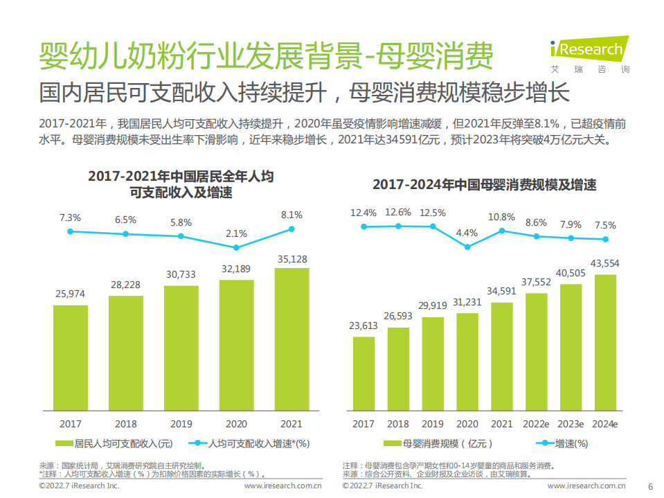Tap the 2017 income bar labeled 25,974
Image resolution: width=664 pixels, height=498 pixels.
[71, 357]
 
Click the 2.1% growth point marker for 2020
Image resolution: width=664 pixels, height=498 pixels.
[236, 247]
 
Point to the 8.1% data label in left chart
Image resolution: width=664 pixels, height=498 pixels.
[291, 215]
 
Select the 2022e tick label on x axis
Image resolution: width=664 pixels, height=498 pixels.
[536, 424]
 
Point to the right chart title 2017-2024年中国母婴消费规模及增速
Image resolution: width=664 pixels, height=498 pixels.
[484, 185]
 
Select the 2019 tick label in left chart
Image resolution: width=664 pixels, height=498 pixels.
[181, 424]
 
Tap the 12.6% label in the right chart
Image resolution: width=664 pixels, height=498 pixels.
[398, 213]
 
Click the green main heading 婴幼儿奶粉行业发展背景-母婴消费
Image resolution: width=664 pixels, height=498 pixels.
[266, 54]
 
